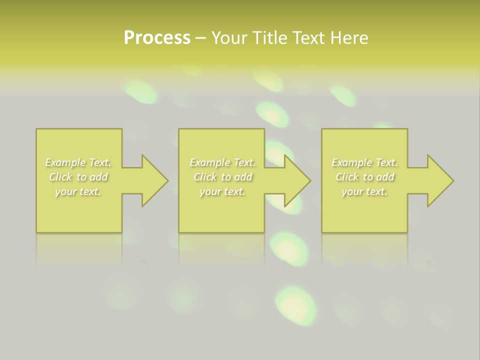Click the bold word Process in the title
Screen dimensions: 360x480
coord(157,38)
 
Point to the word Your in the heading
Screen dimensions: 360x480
coord(230,38)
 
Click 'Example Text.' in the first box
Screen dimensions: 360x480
coord(78,162)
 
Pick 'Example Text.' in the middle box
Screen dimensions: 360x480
coord(222,162)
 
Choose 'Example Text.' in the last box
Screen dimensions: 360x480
coord(364,162)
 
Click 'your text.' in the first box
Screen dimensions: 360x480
coord(78,191)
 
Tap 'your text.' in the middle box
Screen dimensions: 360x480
coord(222,191)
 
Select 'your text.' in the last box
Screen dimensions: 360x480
coord(364,191)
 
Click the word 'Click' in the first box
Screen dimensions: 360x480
coord(60,177)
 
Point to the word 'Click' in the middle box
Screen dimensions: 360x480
coord(205,177)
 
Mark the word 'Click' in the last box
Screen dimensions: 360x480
coord(347,177)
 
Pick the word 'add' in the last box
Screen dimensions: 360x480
coord(385,177)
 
